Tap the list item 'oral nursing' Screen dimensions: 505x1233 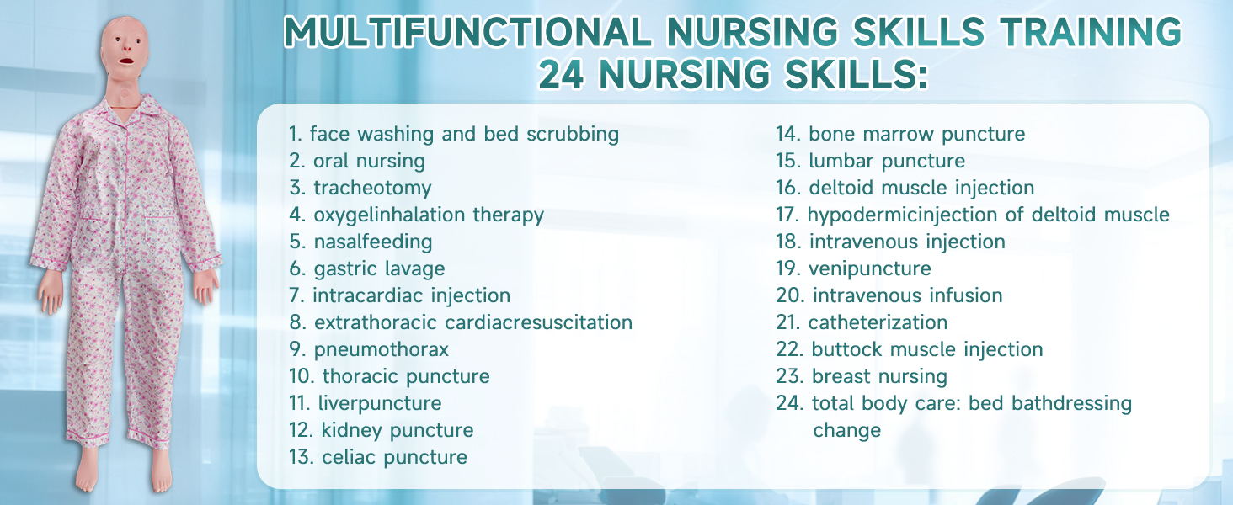[369, 161]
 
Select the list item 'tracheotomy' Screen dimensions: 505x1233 [372, 188]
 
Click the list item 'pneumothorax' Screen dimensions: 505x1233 [382, 349]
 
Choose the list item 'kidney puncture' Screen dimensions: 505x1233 [397, 430]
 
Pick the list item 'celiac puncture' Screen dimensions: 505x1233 [394, 457]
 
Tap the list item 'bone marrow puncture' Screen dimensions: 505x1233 [916, 134]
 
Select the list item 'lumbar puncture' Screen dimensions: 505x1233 [886, 161]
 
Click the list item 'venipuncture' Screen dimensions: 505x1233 [870, 268]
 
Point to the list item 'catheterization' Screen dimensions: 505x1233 [878, 322]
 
